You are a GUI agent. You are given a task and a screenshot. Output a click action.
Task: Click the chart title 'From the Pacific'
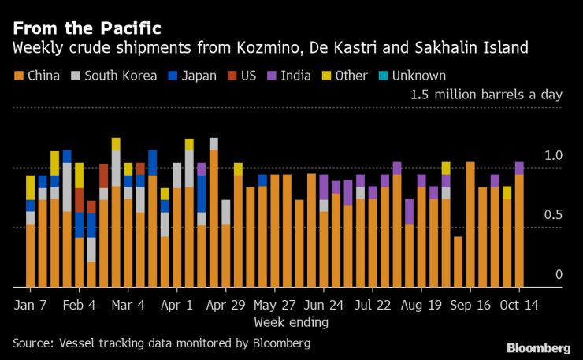click(87, 28)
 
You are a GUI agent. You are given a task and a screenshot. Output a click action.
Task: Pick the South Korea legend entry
click(110, 76)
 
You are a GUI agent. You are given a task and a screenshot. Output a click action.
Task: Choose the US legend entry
click(245, 76)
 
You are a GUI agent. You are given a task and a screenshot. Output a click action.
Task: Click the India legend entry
click(291, 76)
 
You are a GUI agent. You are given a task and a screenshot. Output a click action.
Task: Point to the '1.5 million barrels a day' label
click(485, 95)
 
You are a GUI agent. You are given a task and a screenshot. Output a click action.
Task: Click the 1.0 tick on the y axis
click(554, 156)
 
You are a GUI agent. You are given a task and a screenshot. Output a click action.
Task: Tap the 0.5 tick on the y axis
click(554, 215)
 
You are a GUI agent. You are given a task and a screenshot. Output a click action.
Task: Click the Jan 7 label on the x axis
click(31, 303)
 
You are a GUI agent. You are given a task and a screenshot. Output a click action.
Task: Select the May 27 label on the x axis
click(276, 303)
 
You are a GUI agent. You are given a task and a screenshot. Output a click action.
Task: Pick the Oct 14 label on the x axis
click(519, 303)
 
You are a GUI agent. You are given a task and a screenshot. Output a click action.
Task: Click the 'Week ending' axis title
click(291, 321)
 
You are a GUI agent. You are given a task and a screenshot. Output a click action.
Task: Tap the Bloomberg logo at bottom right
click(538, 347)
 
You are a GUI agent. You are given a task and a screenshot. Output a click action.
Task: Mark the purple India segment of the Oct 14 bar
click(519, 168)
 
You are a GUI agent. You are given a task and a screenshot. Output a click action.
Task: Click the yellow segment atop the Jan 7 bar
click(31, 187)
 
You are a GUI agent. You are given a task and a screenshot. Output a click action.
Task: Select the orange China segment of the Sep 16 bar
click(470, 225)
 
